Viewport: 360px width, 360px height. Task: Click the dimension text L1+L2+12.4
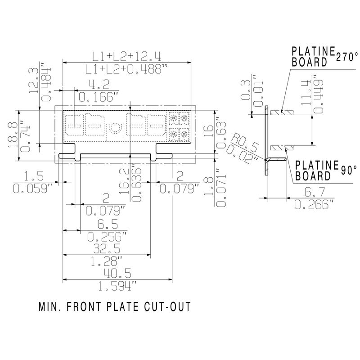click(x=127, y=56)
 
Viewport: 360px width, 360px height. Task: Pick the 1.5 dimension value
click(x=30, y=176)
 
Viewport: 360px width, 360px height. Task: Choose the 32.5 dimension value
click(x=106, y=249)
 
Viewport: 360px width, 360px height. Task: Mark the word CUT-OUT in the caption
click(x=168, y=307)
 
